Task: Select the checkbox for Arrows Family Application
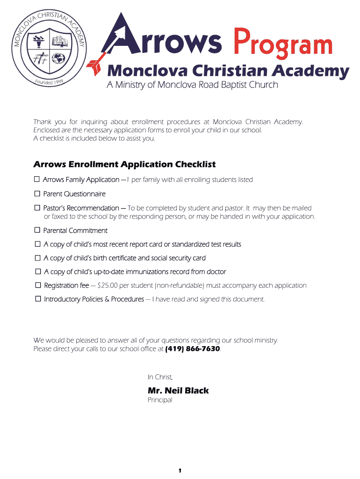(x=37, y=180)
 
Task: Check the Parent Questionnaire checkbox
(x=37, y=194)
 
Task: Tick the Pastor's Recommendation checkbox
(x=37, y=208)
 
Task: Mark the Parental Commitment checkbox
(x=37, y=230)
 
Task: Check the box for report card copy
(x=37, y=244)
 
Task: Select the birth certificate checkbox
(x=37, y=258)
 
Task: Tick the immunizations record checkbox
(x=37, y=271)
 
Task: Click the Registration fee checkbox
(x=37, y=285)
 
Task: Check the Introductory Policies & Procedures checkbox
(x=37, y=299)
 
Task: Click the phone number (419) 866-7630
(x=192, y=349)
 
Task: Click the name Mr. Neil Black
(x=178, y=391)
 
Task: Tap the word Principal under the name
(x=160, y=400)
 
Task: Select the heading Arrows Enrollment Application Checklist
(x=124, y=164)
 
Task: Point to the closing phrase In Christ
(x=160, y=377)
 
